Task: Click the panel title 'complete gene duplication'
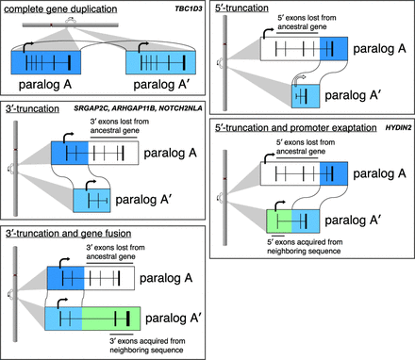54,10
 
